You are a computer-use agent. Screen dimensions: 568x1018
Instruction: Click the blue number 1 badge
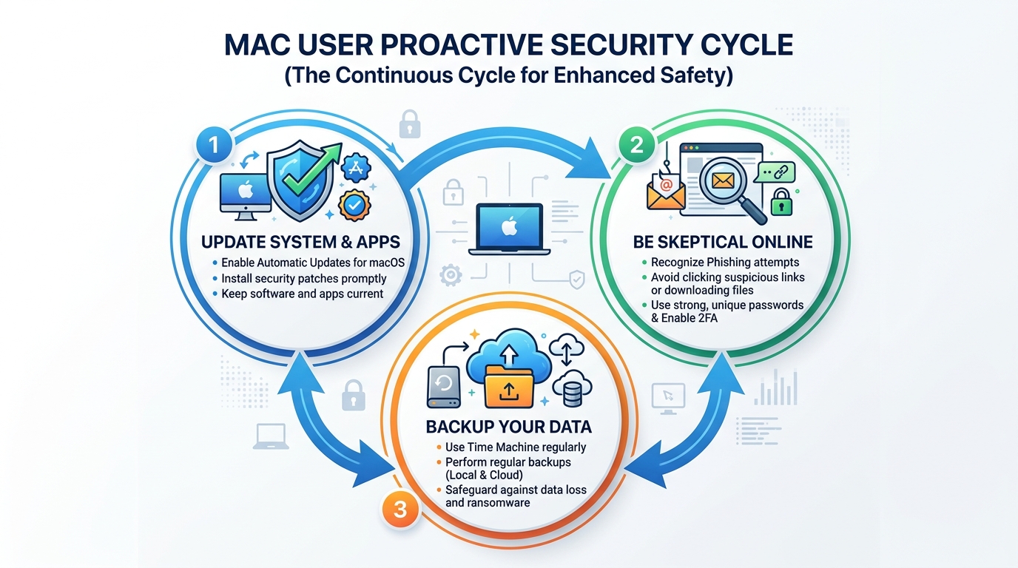pyautogui.click(x=214, y=144)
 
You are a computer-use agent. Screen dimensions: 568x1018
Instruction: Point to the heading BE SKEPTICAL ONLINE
pyautogui.click(x=723, y=242)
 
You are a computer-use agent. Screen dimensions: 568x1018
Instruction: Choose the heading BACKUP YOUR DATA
pyautogui.click(x=508, y=427)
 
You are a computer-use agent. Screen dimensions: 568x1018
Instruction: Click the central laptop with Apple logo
pyautogui.click(x=508, y=229)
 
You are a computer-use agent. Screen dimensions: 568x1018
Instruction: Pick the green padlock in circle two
pyautogui.click(x=781, y=201)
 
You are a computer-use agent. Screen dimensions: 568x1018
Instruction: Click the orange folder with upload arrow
pyautogui.click(x=508, y=382)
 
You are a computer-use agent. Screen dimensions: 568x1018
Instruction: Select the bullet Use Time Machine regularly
pyautogui.click(x=516, y=447)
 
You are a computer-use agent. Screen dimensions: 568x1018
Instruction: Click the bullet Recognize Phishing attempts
pyautogui.click(x=724, y=262)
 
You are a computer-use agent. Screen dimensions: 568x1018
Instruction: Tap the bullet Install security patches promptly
pyautogui.click(x=304, y=279)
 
